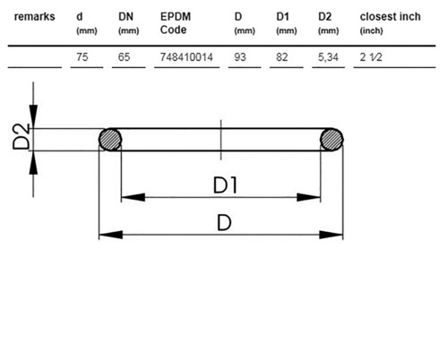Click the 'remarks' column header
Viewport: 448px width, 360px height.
tap(35, 17)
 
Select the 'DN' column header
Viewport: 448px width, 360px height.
tap(125, 17)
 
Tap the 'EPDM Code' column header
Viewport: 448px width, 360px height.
tap(176, 23)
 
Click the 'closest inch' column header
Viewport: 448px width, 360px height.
tap(390, 17)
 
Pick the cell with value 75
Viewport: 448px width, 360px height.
tap(82, 56)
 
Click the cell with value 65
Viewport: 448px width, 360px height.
tap(124, 56)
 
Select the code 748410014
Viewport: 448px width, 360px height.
tap(186, 56)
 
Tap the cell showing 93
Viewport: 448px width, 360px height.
tap(240, 56)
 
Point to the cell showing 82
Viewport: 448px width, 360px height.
tap(282, 56)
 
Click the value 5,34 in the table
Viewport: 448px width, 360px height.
tap(328, 56)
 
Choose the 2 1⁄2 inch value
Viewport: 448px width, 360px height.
tap(371, 56)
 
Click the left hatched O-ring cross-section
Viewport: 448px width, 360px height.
tap(110, 140)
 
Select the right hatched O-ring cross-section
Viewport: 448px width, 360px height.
tap(332, 140)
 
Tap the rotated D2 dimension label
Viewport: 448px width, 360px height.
tap(22, 136)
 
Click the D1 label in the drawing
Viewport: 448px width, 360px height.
tap(225, 185)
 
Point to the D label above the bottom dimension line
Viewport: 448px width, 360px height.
tap(224, 223)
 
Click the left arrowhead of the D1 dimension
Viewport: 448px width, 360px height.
tap(133, 197)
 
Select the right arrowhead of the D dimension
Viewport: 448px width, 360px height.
tap(332, 235)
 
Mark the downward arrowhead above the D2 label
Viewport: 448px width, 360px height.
tap(33, 116)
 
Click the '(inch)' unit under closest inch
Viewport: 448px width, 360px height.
tap(371, 30)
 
